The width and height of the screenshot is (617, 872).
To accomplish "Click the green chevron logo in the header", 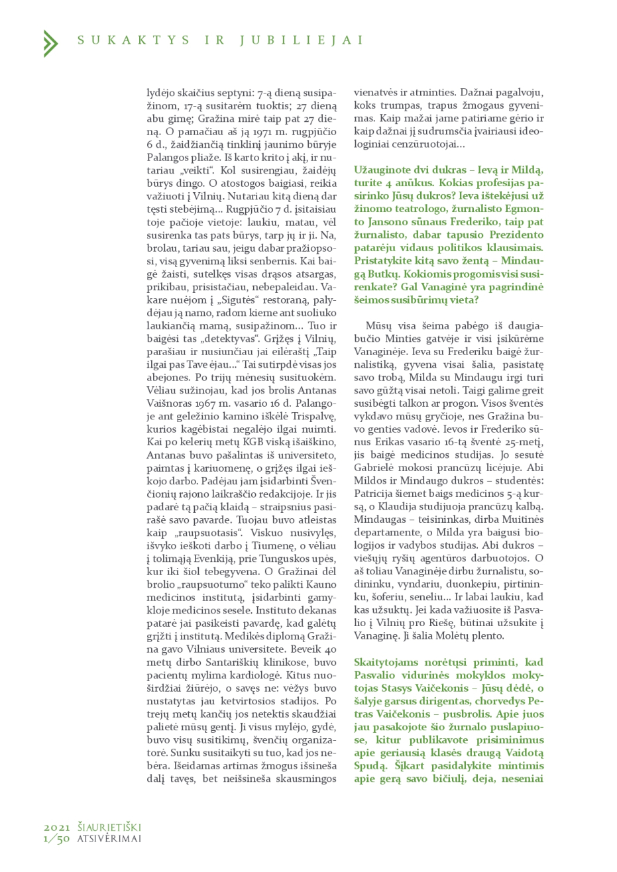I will point(50,43).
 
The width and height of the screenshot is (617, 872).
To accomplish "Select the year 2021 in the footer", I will point(58,828).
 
